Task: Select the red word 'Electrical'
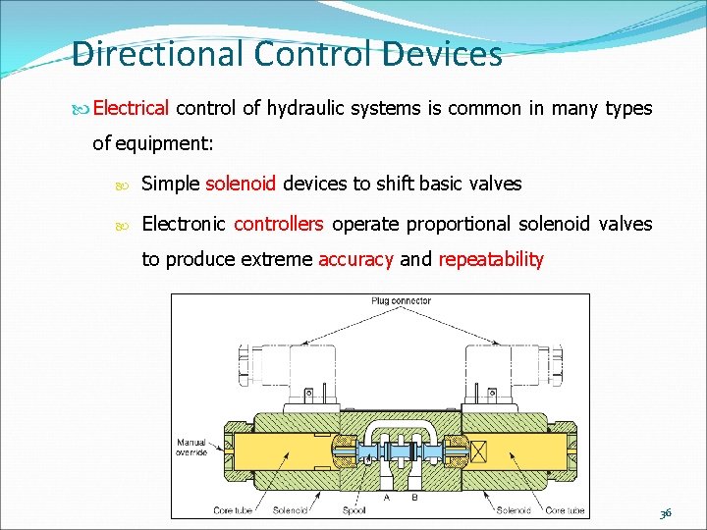(x=132, y=108)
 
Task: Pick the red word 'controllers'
(x=278, y=224)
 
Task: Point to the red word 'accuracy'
(x=355, y=259)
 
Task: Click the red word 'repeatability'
(x=490, y=259)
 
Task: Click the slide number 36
(x=665, y=512)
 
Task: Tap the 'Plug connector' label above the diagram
(x=402, y=300)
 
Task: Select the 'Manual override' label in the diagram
(x=191, y=447)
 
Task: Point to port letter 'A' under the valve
(x=387, y=497)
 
